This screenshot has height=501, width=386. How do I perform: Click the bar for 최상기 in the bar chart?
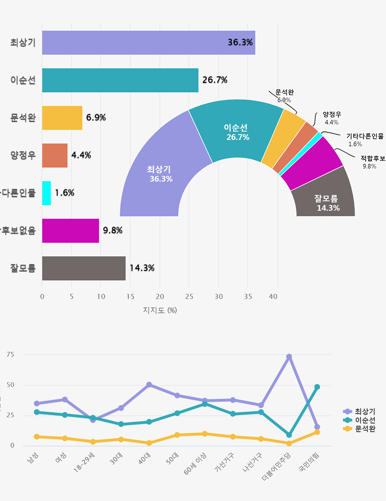point(149,43)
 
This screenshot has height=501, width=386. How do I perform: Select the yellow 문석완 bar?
point(62,118)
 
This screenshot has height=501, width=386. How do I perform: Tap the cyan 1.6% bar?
point(46,193)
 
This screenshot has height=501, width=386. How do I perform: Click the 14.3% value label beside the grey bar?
point(142,268)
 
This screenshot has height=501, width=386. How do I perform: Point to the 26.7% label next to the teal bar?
point(215,80)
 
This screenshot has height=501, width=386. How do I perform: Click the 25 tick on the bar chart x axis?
point(189,296)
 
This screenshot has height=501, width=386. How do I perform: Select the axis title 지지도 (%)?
point(160,310)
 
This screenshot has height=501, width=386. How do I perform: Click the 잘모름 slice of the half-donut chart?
point(324,197)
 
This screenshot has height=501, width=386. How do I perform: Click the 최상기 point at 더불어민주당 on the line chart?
point(289,357)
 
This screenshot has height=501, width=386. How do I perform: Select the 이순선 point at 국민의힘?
point(317,387)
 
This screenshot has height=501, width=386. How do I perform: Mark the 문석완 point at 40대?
point(149,443)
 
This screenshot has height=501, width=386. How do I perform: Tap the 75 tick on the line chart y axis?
point(10,355)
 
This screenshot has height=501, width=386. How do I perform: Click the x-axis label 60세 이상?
point(195,464)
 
